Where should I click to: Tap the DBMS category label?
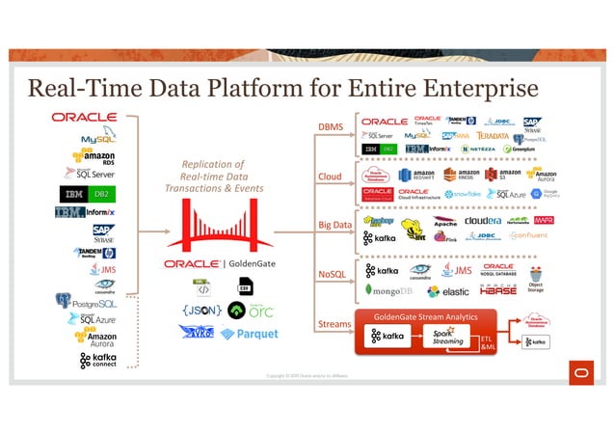(330, 127)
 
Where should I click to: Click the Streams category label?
(334, 324)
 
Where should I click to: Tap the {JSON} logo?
(199, 311)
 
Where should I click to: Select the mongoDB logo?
(389, 290)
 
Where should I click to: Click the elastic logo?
(448, 291)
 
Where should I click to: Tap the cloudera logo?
(482, 220)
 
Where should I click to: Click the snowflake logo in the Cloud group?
(457, 193)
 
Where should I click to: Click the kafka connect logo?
(98, 362)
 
